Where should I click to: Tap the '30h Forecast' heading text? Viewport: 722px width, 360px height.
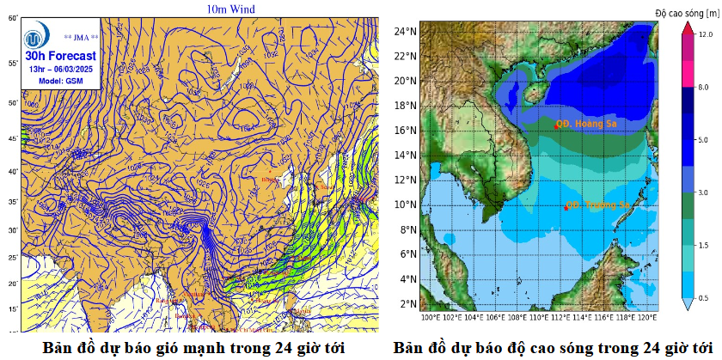click(60, 55)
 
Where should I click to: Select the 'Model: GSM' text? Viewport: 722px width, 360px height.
click(61, 81)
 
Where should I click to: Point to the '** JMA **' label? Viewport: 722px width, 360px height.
click(82, 37)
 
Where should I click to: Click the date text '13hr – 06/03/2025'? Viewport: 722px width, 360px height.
click(60, 69)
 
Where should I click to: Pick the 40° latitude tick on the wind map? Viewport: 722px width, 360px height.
click(12, 172)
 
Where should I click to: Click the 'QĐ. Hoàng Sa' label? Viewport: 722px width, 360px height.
click(585, 124)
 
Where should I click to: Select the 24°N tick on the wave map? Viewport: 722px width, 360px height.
click(406, 31)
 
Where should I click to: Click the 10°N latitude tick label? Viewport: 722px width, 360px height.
click(406, 204)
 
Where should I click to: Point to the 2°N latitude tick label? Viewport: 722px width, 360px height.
click(407, 304)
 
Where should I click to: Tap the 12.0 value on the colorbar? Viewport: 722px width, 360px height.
click(705, 34)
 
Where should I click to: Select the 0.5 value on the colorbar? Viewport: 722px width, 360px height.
click(705, 297)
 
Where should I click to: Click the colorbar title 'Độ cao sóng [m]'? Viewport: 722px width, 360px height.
click(687, 12)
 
